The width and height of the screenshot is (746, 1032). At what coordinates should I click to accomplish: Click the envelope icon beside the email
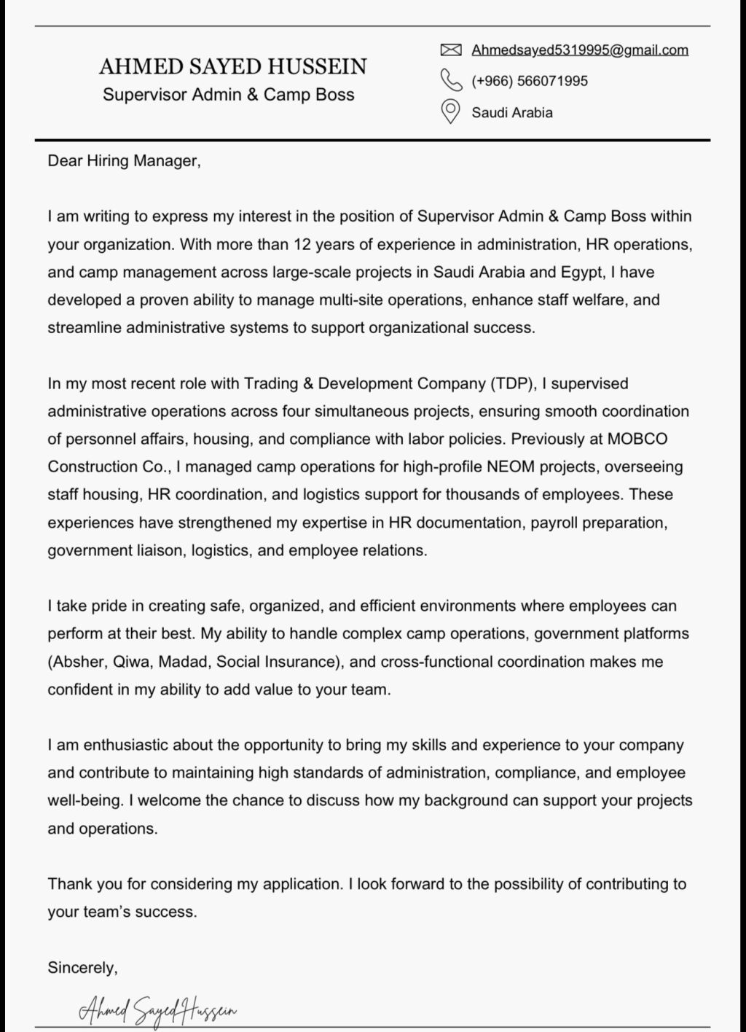[451, 50]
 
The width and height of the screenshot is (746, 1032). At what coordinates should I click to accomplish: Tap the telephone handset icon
[451, 79]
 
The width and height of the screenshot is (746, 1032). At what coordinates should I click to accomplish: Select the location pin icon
[451, 112]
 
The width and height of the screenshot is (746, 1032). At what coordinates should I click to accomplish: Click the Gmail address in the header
[580, 50]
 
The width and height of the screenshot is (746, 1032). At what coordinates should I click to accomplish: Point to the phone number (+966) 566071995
[530, 81]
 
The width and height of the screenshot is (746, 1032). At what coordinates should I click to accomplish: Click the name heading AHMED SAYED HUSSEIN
[233, 67]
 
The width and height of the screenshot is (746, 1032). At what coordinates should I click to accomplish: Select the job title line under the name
[229, 95]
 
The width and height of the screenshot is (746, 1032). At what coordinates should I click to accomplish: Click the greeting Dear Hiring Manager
[124, 160]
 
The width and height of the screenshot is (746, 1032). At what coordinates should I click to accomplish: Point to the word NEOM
[507, 466]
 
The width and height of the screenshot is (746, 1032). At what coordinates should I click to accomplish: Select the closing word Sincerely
[82, 968]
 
